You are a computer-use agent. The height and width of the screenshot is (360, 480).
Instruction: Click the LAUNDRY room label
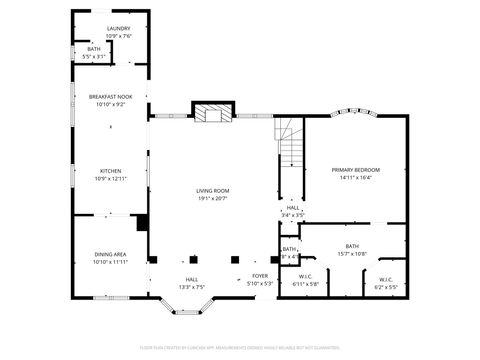coord(119,29)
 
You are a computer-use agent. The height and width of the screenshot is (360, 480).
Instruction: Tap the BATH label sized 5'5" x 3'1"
coord(93,49)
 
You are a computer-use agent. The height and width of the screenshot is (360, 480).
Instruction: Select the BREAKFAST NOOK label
coord(110,97)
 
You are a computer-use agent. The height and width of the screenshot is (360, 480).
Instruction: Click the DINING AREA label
coord(110,254)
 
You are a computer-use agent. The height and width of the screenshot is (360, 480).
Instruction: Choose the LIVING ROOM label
coord(212,190)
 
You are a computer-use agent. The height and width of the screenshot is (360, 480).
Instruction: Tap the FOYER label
coord(260,274)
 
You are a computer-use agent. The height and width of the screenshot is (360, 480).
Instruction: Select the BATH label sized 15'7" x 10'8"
coord(352,246)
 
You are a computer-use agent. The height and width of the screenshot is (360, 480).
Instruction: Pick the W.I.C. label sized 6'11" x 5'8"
coord(306,277)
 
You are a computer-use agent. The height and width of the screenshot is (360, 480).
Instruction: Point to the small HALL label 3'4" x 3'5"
coord(293,208)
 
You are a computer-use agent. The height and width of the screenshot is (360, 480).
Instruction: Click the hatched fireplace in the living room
coord(212,113)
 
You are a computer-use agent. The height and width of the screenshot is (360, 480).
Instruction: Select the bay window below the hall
coord(191,311)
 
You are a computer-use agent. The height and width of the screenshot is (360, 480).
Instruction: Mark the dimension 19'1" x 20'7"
coord(212,198)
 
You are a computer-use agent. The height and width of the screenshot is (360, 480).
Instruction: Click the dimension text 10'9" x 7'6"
coord(119,36)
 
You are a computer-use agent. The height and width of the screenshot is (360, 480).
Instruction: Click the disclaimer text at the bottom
coord(240,347)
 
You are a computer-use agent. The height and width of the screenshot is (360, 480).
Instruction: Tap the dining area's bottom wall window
coord(108,296)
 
